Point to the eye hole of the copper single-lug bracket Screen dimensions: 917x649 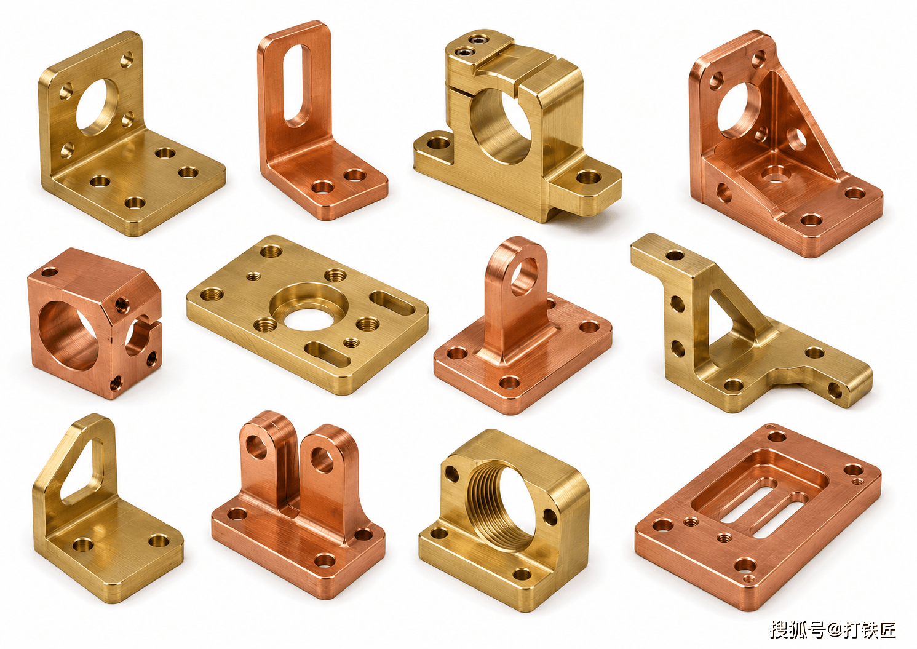[x=523, y=275]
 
